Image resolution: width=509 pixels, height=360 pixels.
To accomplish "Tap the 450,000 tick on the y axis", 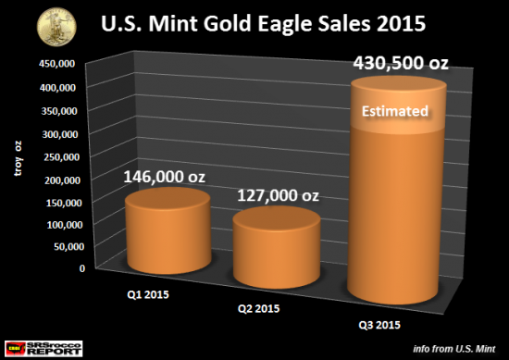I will click(x=55, y=64).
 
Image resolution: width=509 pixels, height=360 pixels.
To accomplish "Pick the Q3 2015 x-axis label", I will click(x=374, y=326).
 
